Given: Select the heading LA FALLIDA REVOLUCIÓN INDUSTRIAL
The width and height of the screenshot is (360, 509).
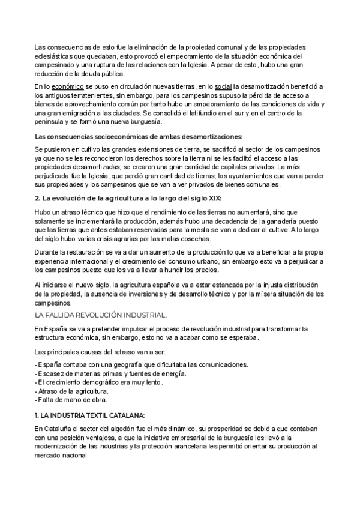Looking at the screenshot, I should coord(101,315).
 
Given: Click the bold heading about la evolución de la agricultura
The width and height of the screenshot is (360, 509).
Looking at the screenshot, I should coord(127,198).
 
